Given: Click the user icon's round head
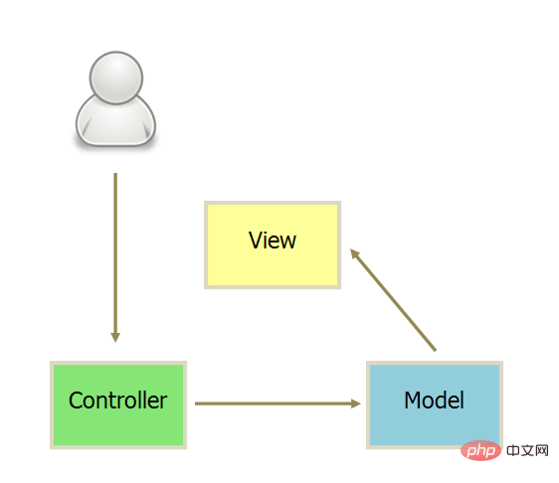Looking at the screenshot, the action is [116, 78].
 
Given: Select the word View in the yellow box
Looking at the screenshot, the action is [273, 241].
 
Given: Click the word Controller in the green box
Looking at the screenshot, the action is [117, 400].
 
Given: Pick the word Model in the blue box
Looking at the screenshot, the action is [435, 400].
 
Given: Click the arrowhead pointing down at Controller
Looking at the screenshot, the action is [115, 337].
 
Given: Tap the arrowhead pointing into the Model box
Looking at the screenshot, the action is [356, 403].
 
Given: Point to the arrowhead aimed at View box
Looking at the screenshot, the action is [355, 253].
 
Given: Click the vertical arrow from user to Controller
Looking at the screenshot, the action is [115, 257].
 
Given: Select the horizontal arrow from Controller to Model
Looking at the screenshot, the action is [279, 403].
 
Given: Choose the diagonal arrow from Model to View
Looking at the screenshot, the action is [393, 300].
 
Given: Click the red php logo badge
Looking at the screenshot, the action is [481, 450].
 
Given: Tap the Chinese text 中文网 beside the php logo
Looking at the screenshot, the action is [527, 450].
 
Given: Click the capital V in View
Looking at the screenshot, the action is [256, 240].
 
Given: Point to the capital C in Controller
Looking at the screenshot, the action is [77, 400].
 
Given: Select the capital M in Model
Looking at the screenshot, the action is [414, 400].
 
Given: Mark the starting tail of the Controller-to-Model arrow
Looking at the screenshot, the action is [195, 403].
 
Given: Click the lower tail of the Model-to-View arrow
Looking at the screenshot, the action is [435, 351].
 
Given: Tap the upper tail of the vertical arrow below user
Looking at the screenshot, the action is [115, 174].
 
